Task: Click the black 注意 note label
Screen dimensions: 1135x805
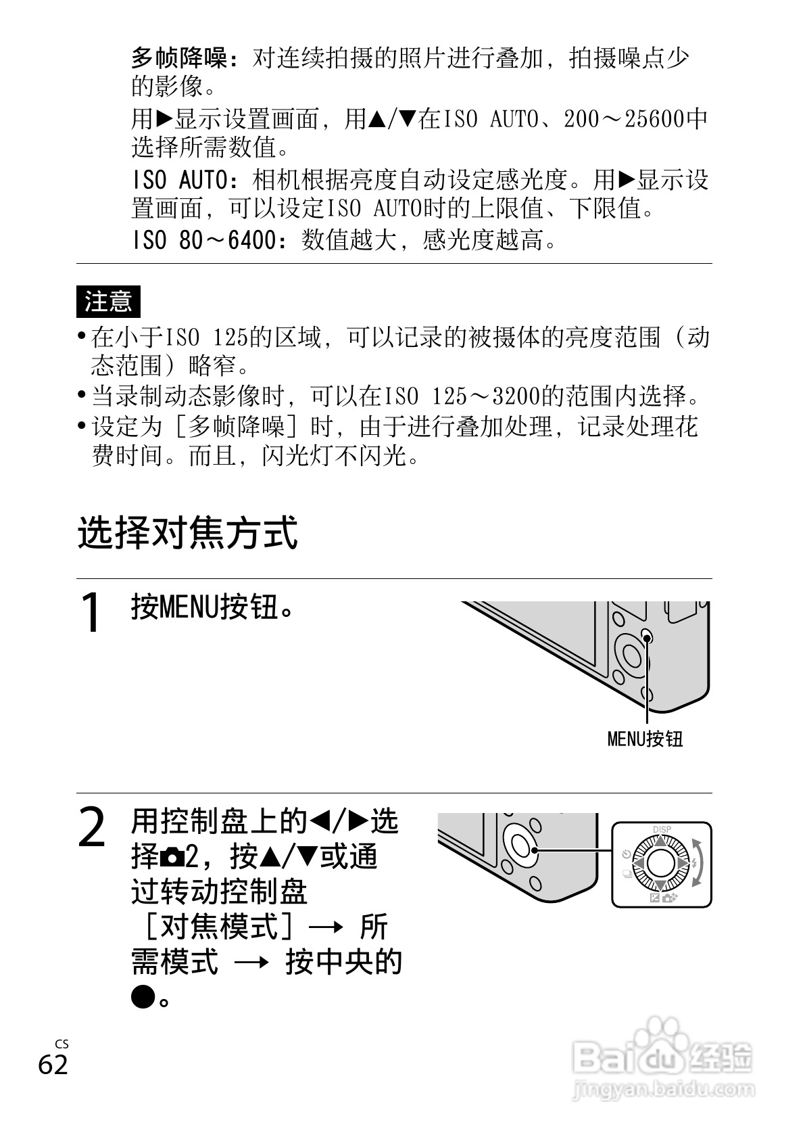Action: [x=108, y=302]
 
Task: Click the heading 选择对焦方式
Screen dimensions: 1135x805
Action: [x=187, y=534]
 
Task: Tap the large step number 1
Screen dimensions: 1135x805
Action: [x=91, y=612]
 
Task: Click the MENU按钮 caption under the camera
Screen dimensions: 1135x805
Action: [x=645, y=739]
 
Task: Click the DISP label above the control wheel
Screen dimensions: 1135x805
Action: [x=662, y=830]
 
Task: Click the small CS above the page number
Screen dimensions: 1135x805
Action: [x=62, y=1044]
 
